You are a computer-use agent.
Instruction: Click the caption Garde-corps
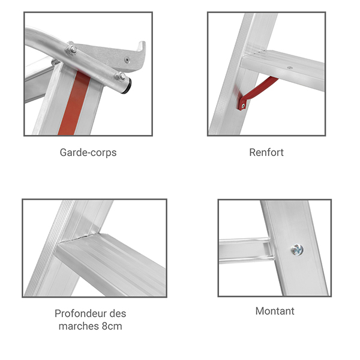click(x=88, y=152)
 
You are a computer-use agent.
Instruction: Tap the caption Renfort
click(x=266, y=152)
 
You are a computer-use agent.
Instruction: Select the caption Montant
click(x=275, y=311)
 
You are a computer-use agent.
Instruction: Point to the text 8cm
click(x=112, y=326)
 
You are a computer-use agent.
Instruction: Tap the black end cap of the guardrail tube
click(x=127, y=86)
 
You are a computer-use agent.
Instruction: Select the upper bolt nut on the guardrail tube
click(x=72, y=49)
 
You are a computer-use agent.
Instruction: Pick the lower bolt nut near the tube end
click(x=121, y=76)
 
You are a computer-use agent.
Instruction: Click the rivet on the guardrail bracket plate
click(x=127, y=60)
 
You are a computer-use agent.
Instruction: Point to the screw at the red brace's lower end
click(x=243, y=106)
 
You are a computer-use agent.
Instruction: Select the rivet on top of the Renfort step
click(x=290, y=68)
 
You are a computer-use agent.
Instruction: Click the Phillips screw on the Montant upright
click(x=298, y=250)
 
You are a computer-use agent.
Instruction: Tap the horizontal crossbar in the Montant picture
click(x=245, y=250)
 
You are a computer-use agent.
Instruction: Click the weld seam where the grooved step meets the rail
click(x=78, y=238)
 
